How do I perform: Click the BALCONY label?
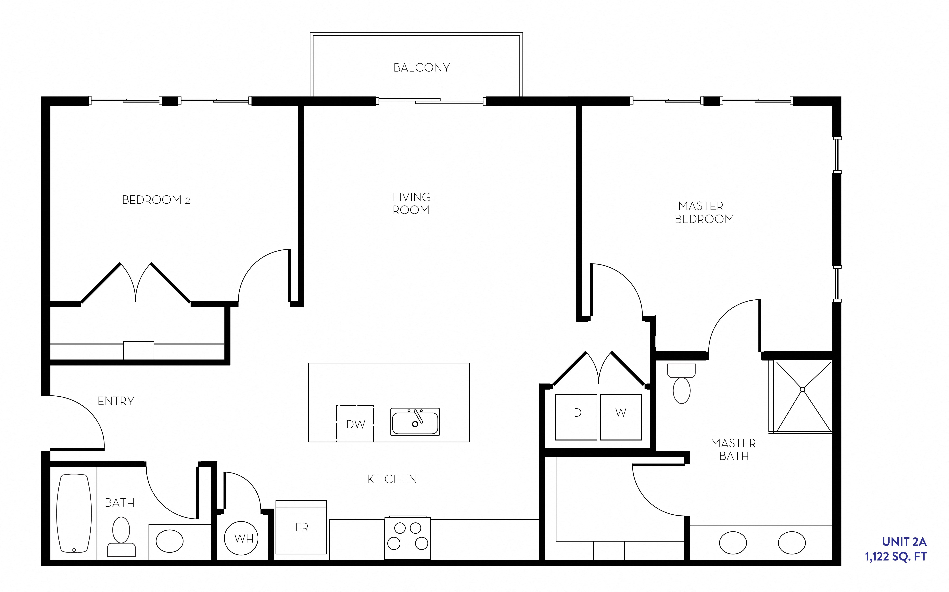coord(421,68)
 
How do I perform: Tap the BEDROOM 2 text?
coord(156,200)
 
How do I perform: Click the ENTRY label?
coord(116,401)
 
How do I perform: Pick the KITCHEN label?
coord(392,479)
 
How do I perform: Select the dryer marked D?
coord(577,417)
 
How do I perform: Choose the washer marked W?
coord(621,417)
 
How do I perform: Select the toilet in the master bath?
coord(681,384)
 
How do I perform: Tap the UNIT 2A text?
coord(904,542)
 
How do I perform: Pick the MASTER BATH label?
coord(733,449)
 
